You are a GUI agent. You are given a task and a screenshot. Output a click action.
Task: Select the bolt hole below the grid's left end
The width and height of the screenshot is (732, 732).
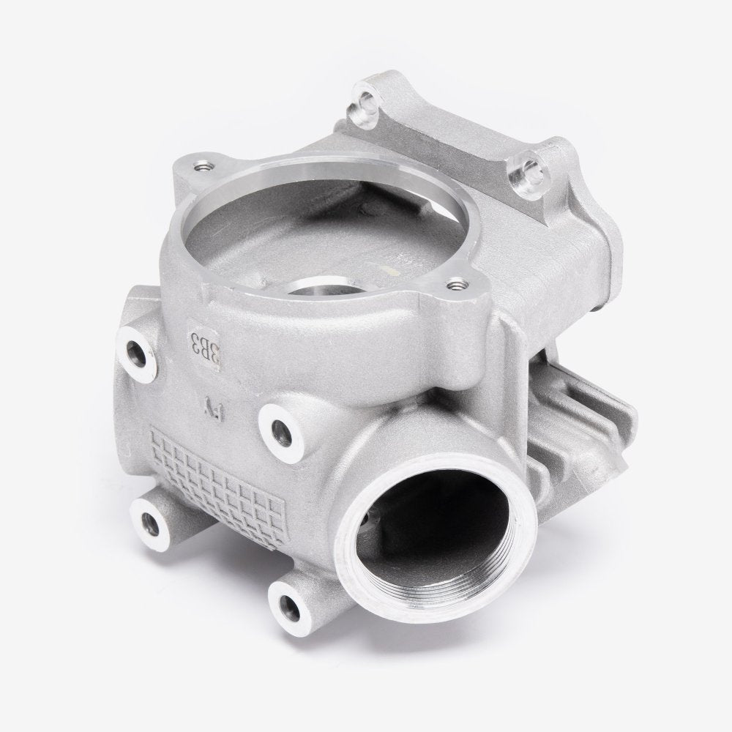tap(151, 522)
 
